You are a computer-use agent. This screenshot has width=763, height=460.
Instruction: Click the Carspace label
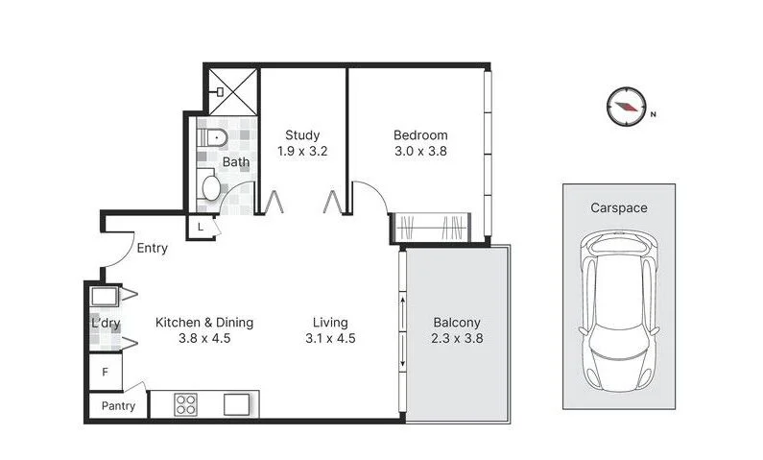coord(618,207)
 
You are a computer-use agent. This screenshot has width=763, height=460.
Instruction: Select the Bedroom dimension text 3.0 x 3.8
coord(420,151)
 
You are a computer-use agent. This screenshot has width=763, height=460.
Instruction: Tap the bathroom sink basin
coord(210,186)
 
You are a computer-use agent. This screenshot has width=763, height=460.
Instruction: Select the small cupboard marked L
coord(200,227)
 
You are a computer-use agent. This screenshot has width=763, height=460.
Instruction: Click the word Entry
coord(152,249)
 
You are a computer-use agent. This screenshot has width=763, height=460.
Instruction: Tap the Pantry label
coord(118,406)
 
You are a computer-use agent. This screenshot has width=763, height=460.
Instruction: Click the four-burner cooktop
coord(185,404)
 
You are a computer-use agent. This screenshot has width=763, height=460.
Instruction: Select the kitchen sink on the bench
coord(236,404)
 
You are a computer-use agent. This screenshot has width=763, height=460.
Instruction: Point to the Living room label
coord(330,323)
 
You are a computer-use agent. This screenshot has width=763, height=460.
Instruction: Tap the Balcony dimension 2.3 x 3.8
coord(457,338)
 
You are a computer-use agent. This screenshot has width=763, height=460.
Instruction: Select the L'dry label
coord(106,325)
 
